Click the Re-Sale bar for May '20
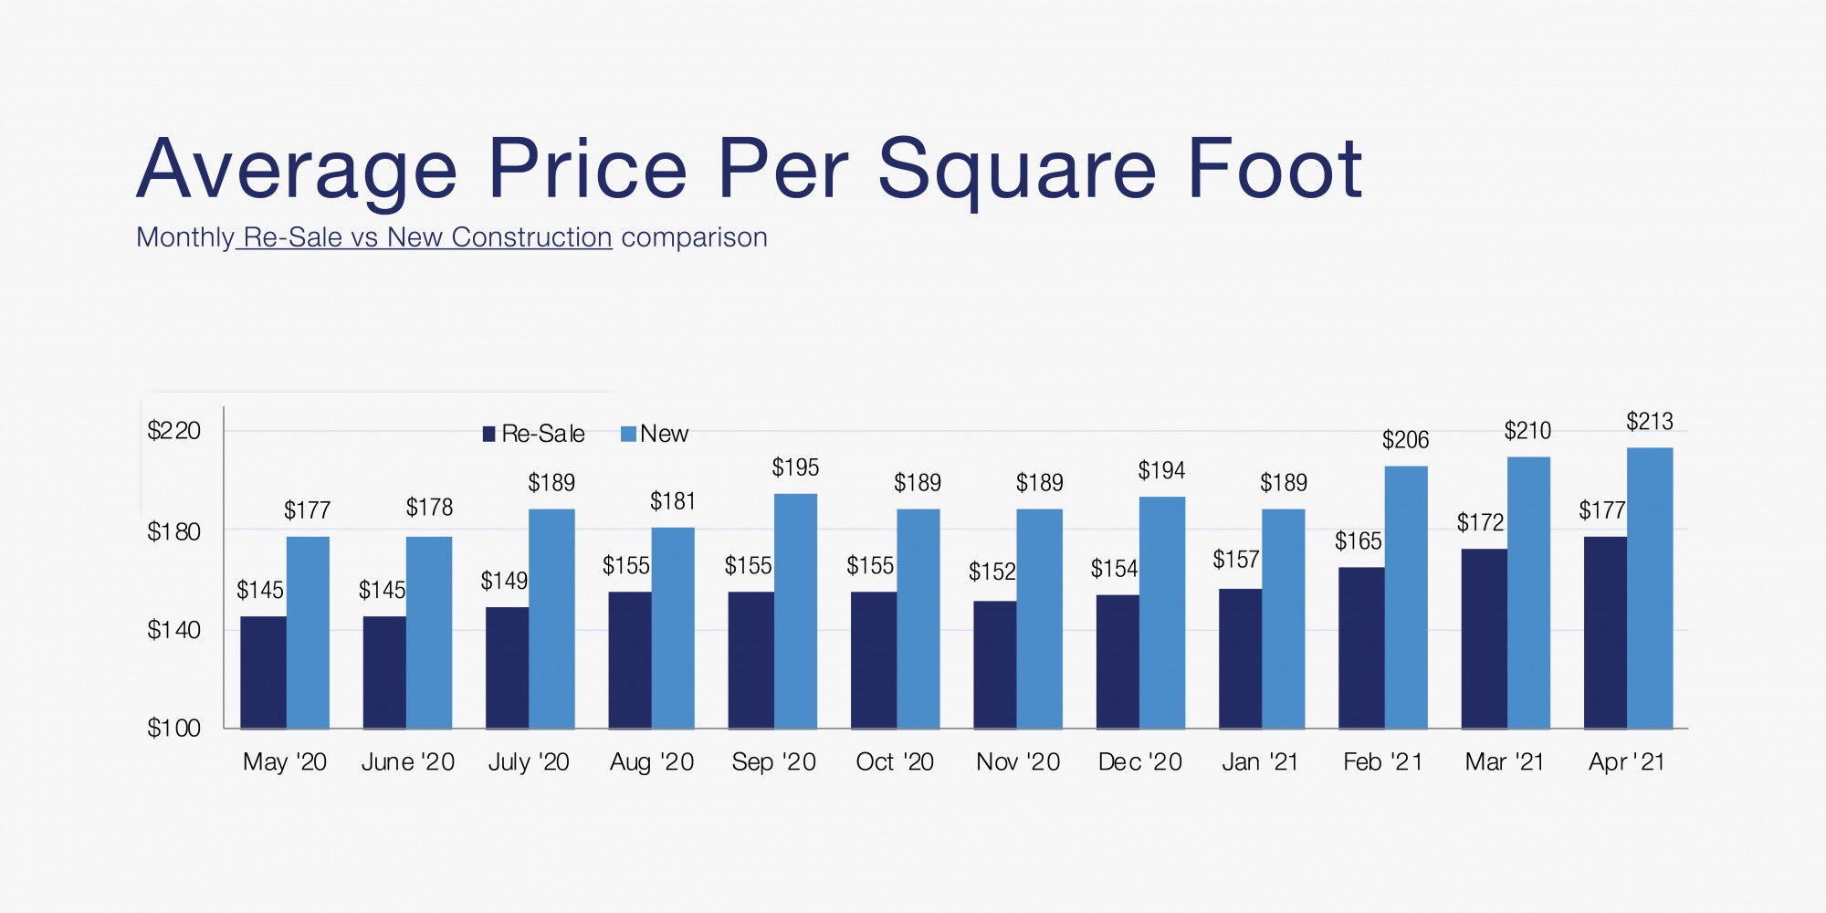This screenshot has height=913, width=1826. click(x=263, y=672)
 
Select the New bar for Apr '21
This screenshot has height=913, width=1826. click(x=1650, y=588)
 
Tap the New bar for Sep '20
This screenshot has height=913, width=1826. click(x=795, y=611)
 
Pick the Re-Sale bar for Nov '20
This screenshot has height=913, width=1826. click(x=994, y=665)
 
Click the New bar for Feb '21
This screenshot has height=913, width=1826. click(x=1406, y=597)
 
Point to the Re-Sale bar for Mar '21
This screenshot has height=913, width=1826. click(x=1484, y=638)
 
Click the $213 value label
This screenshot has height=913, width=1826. click(x=1650, y=422)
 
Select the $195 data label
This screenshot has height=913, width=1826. click(x=795, y=467)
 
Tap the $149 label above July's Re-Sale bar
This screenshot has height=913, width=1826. click(x=504, y=581)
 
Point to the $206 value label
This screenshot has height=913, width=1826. click(x=1405, y=440)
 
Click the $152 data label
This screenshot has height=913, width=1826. click(x=992, y=572)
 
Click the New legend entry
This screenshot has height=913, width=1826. click(x=655, y=434)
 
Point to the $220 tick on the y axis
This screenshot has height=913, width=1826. click(x=173, y=430)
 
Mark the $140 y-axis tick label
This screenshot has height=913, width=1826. click(x=173, y=629)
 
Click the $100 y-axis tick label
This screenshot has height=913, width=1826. click(x=173, y=728)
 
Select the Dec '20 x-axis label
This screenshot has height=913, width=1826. click(x=1139, y=761)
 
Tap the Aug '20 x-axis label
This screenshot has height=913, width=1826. click(x=652, y=761)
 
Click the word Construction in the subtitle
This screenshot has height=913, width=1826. click(x=531, y=237)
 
